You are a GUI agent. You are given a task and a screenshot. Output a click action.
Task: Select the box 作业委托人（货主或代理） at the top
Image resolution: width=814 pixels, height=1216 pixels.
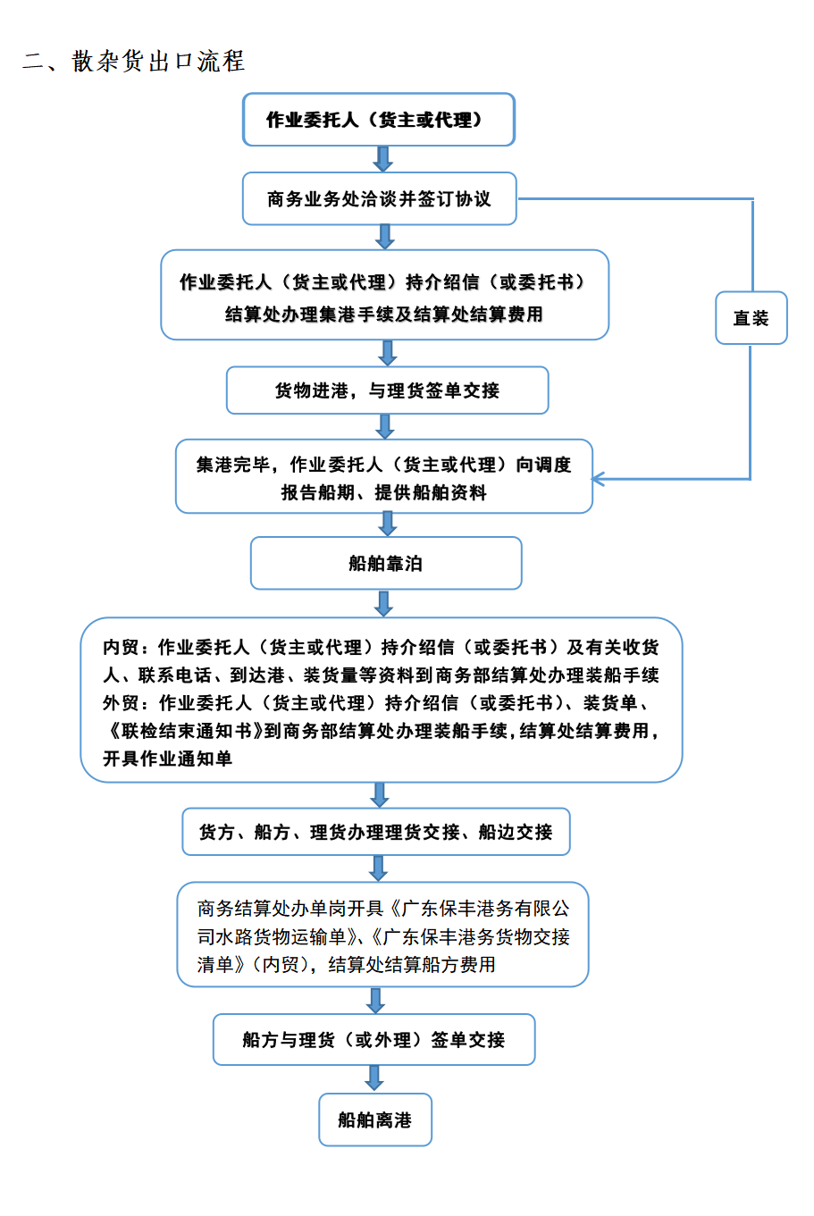click(x=379, y=120)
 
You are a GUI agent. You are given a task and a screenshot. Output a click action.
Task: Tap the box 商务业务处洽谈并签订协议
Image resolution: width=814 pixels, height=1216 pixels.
click(x=379, y=198)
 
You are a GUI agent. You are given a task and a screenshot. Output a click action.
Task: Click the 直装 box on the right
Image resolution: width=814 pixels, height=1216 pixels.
click(x=751, y=318)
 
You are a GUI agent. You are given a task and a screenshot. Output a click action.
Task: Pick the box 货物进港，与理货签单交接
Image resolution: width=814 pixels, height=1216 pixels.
click(x=387, y=390)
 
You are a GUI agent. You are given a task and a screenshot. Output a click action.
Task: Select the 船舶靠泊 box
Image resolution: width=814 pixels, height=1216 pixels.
click(x=385, y=563)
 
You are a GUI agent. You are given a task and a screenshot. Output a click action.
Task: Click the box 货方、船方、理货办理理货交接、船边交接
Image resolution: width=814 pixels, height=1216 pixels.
click(x=375, y=832)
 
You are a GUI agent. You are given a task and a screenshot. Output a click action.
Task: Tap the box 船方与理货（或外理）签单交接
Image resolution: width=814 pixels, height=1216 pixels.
click(x=373, y=1039)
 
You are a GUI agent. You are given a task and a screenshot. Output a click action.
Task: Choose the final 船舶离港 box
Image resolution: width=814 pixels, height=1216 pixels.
click(x=374, y=1120)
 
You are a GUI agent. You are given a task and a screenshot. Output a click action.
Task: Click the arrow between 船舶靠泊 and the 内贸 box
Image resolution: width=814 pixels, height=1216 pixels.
click(x=383, y=603)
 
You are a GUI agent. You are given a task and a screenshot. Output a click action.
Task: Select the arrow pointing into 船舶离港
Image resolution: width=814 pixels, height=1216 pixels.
click(x=374, y=1078)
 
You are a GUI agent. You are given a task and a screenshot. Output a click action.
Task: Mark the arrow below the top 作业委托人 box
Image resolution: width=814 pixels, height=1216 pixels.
click(x=382, y=159)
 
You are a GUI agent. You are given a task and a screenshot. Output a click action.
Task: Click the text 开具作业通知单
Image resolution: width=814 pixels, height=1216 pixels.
click(x=167, y=759)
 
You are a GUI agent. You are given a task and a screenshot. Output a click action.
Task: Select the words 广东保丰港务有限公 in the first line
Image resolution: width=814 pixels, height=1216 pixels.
click(x=485, y=909)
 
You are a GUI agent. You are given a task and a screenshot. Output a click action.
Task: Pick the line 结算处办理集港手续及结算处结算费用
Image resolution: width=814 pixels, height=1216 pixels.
click(x=384, y=314)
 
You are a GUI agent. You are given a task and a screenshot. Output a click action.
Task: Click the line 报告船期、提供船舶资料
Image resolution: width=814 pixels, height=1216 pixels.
click(x=384, y=492)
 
